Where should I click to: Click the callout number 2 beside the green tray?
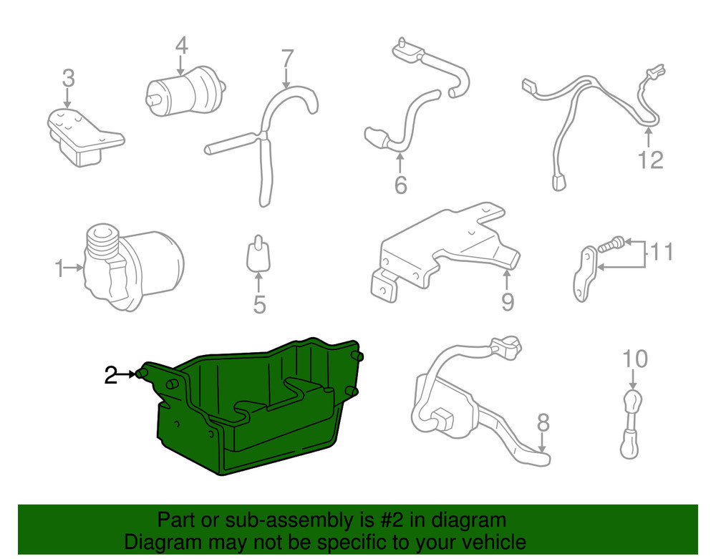(x=110, y=375)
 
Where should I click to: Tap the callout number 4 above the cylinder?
(x=181, y=47)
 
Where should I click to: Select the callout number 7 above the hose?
(x=286, y=57)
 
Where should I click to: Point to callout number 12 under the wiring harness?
(x=650, y=160)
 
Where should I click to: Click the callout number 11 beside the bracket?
(x=662, y=253)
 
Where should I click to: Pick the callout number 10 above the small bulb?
(x=635, y=358)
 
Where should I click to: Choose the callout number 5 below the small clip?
(x=259, y=305)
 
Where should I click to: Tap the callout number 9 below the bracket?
(x=507, y=302)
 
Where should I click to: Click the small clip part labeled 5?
(x=258, y=253)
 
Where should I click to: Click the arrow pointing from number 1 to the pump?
(x=74, y=269)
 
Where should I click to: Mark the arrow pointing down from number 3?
(x=67, y=98)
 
